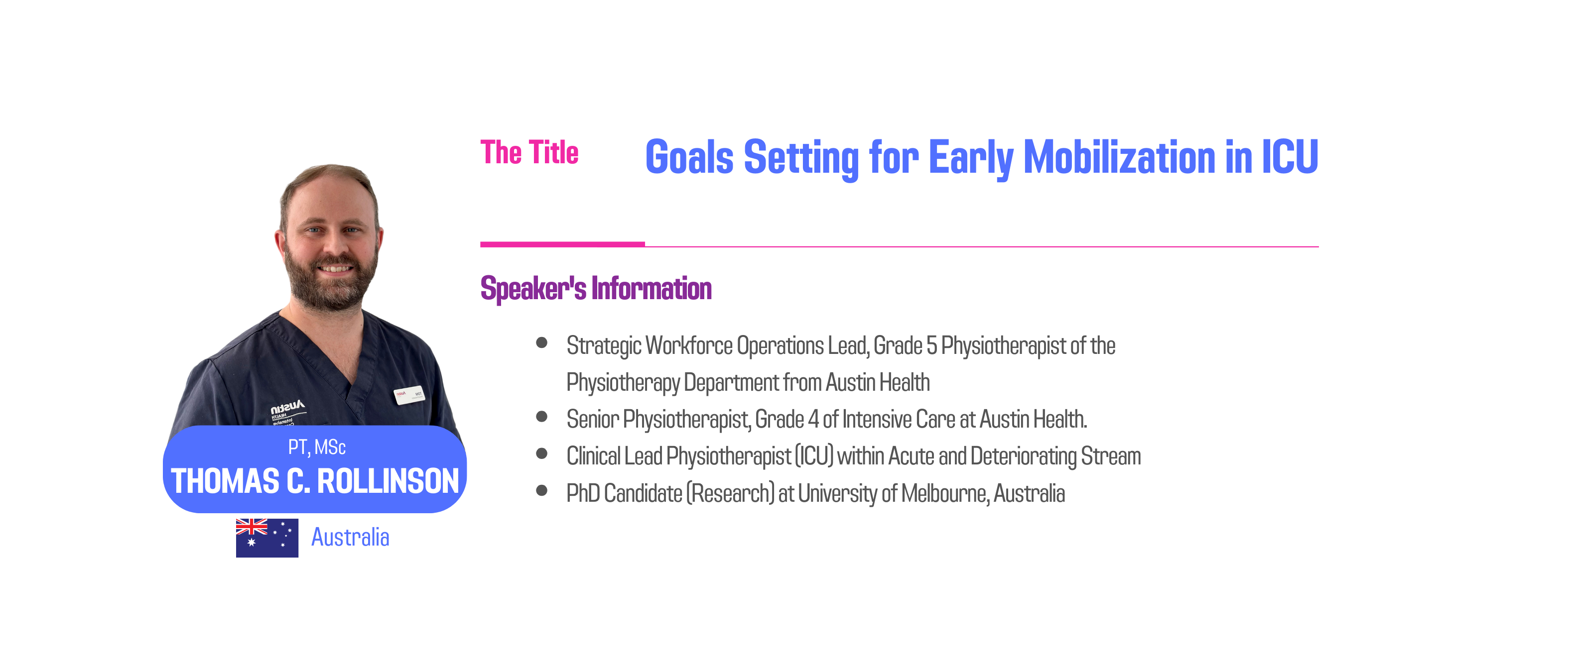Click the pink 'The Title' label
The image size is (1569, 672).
pyautogui.click(x=529, y=152)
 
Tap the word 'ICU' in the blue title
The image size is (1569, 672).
pyautogui.click(x=1290, y=157)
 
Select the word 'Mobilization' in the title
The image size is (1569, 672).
pyautogui.click(x=1120, y=157)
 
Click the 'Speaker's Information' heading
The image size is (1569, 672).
pyautogui.click(x=596, y=289)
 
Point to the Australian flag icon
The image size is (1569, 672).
pyautogui.click(x=267, y=538)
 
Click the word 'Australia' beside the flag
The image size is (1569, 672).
pyautogui.click(x=350, y=538)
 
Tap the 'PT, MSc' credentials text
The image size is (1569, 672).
pyautogui.click(x=317, y=448)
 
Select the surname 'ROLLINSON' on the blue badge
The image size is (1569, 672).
pyautogui.click(x=388, y=481)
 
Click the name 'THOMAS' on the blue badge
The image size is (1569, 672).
pyautogui.click(x=225, y=481)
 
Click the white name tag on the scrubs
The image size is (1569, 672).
pyautogui.click(x=409, y=394)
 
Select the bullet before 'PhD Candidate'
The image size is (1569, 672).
pyautogui.click(x=541, y=491)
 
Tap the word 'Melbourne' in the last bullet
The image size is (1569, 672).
pyautogui.click(x=945, y=493)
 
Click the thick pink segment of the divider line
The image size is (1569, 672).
pyautogui.click(x=562, y=244)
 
